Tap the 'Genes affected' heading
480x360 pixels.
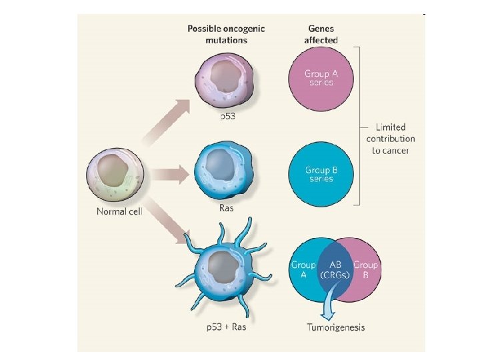pyautogui.click(x=323, y=35)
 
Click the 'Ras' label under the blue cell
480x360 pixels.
pyautogui.click(x=227, y=208)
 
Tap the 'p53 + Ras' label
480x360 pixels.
pyautogui.click(x=225, y=327)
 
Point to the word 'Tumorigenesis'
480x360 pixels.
pyautogui.click(x=335, y=327)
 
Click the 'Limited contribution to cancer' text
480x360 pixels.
pyautogui.click(x=390, y=139)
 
